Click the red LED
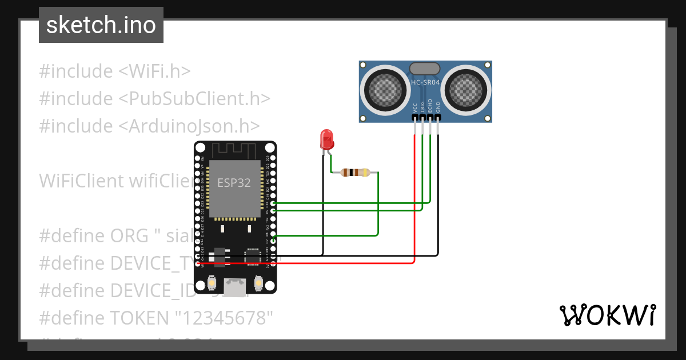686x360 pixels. pyautogui.click(x=327, y=139)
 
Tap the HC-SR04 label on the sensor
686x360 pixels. pyautogui.click(x=425, y=82)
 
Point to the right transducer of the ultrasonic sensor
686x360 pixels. pyautogui.click(x=466, y=89)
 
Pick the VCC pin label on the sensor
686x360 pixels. pyautogui.click(x=415, y=107)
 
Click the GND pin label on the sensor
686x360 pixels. pyautogui.click(x=438, y=107)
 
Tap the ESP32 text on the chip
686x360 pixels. pyautogui.click(x=233, y=183)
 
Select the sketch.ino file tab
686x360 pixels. pyautogui.click(x=101, y=25)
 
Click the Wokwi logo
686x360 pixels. pyautogui.click(x=607, y=315)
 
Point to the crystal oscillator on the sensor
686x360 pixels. pyautogui.click(x=425, y=69)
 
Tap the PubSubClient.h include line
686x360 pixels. pyautogui.click(x=154, y=98)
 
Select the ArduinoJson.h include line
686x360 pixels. pyautogui.click(x=149, y=126)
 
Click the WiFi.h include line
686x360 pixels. pyautogui.click(x=114, y=71)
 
